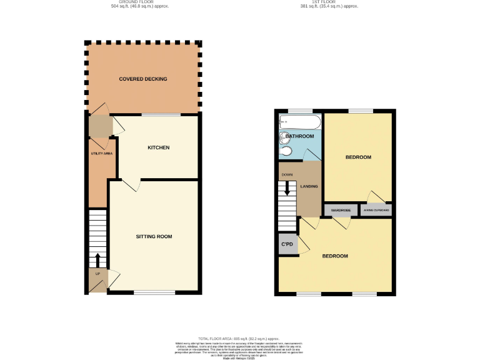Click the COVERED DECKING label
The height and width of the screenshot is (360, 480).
pyautogui.click(x=143, y=79)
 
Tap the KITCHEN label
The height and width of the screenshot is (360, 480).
pyautogui.click(x=158, y=147)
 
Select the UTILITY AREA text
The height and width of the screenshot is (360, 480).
pyautogui.click(x=101, y=153)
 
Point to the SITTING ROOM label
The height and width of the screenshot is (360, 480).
pyautogui.click(x=154, y=236)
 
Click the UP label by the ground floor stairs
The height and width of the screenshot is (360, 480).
pyautogui.click(x=97, y=274)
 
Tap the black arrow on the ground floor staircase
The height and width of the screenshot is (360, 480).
pyautogui.click(x=97, y=259)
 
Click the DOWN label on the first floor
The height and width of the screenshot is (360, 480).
pyautogui.click(x=287, y=174)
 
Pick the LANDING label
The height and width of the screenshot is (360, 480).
pyautogui.click(x=309, y=186)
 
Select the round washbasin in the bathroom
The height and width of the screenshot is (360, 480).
pyautogui.click(x=286, y=151)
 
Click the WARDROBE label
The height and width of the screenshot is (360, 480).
pyautogui.click(x=341, y=210)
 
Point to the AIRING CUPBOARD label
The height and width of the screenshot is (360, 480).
pyautogui.click(x=377, y=210)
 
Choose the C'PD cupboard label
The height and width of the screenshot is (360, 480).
pyautogui.click(x=287, y=244)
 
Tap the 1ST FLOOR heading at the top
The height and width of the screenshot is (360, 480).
pyautogui.click(x=329, y=2)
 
